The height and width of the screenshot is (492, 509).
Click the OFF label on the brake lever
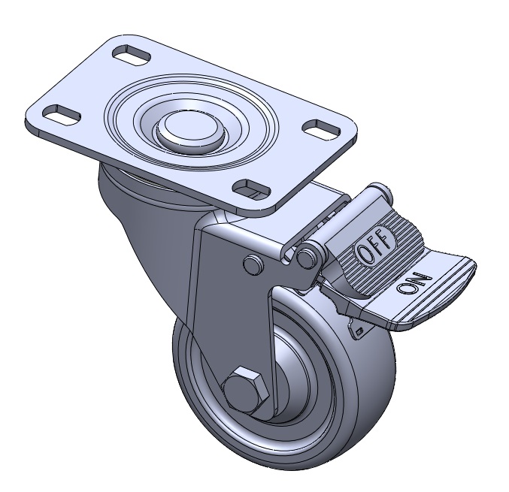[x=376, y=244]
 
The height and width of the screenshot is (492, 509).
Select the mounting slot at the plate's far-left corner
[x=62, y=114]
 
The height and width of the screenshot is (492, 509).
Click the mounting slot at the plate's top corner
[x=131, y=56]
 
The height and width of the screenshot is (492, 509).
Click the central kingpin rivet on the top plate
[x=190, y=131]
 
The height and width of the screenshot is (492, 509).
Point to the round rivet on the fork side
[x=252, y=264]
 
